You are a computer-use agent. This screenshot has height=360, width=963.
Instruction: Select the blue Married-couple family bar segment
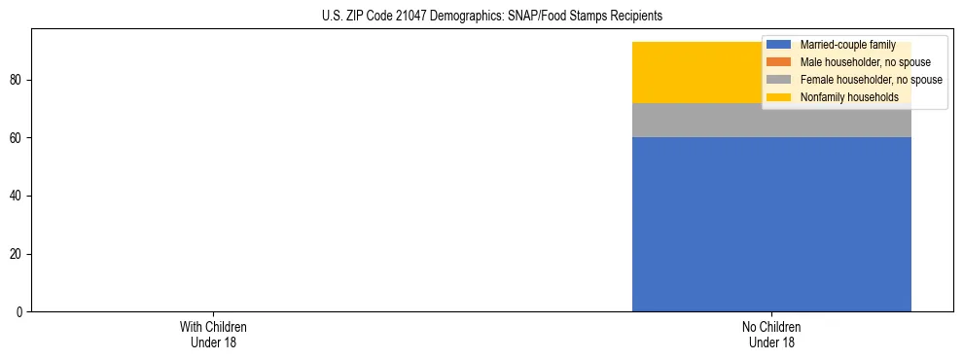(771, 224)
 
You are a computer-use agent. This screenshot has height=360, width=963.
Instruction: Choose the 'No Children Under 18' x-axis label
(771, 334)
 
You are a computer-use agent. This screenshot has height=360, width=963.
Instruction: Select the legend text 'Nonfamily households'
(849, 97)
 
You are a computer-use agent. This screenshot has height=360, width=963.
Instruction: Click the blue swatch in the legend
(779, 45)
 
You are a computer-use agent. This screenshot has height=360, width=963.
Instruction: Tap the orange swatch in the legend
(779, 62)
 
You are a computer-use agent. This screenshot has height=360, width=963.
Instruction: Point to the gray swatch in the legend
(779, 80)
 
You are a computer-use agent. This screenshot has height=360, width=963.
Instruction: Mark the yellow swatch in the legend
(779, 97)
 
